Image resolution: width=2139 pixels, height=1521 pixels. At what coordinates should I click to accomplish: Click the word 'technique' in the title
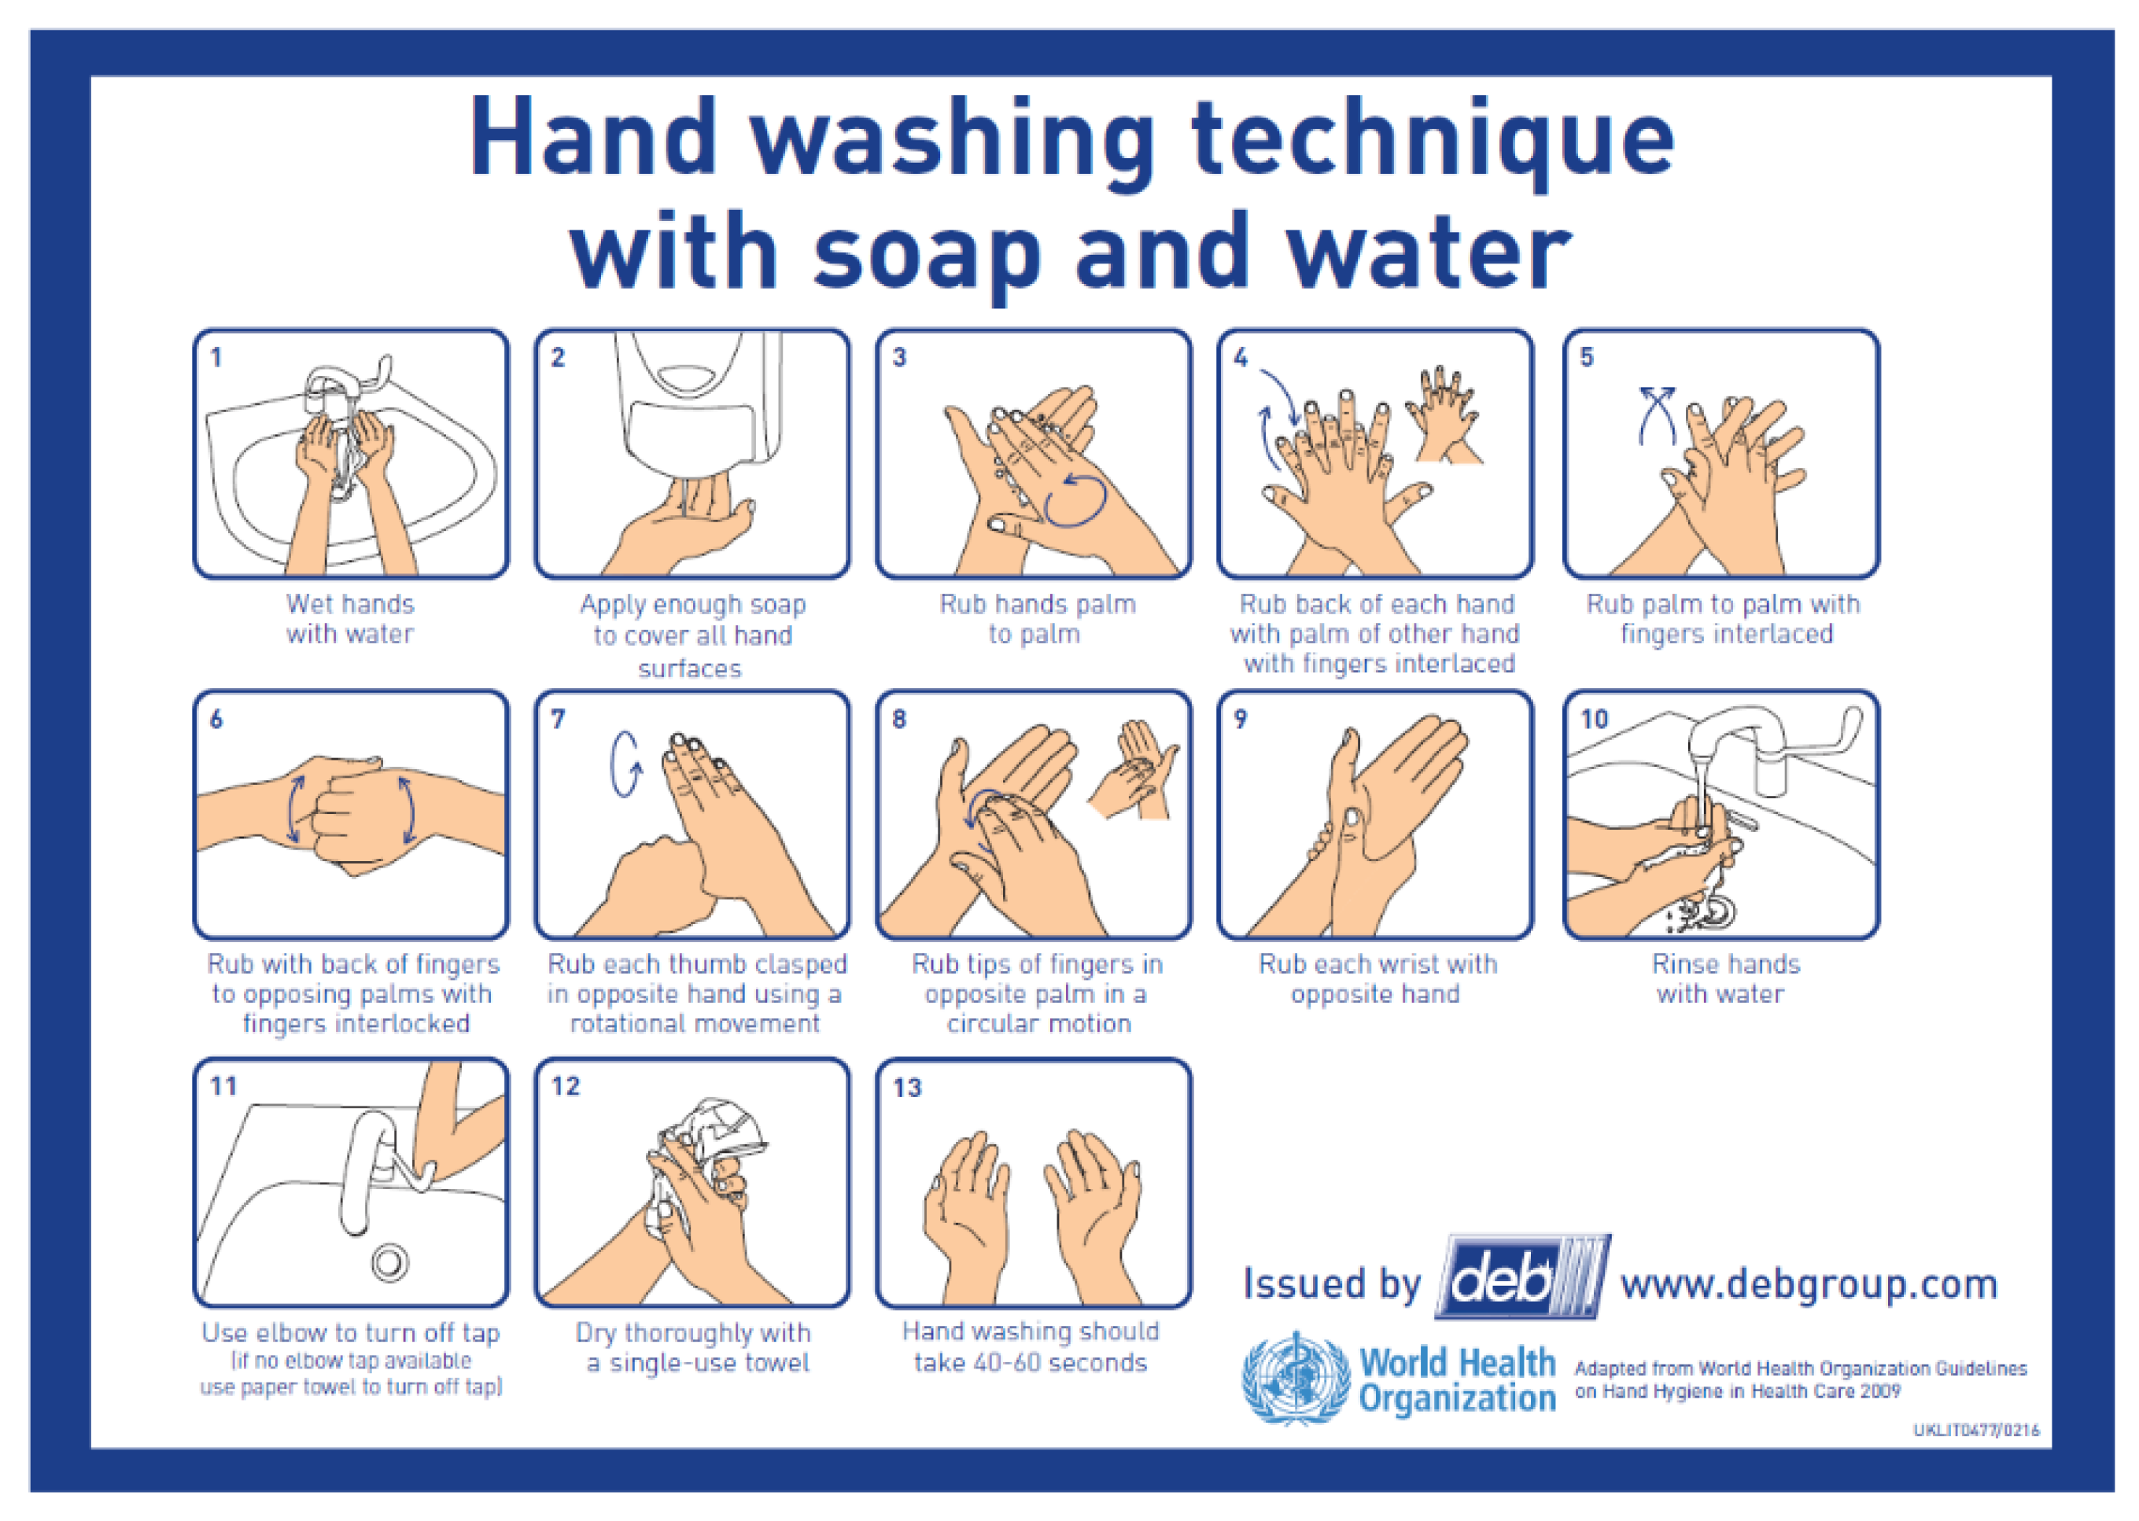click(1432, 141)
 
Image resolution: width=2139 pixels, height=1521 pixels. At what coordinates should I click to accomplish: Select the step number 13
click(907, 1088)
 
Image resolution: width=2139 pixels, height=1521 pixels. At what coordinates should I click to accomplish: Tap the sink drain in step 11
click(389, 1262)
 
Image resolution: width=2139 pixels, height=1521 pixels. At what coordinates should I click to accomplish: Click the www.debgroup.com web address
click(1809, 1284)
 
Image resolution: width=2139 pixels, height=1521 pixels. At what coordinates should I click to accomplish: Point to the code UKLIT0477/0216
click(1976, 1430)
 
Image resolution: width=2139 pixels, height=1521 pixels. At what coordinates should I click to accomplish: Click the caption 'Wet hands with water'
click(350, 619)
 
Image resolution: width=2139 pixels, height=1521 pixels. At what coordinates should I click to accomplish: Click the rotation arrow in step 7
click(625, 764)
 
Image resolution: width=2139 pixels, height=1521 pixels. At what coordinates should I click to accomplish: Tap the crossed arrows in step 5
click(1657, 415)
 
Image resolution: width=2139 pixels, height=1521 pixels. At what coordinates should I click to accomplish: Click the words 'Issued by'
click(1331, 1284)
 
